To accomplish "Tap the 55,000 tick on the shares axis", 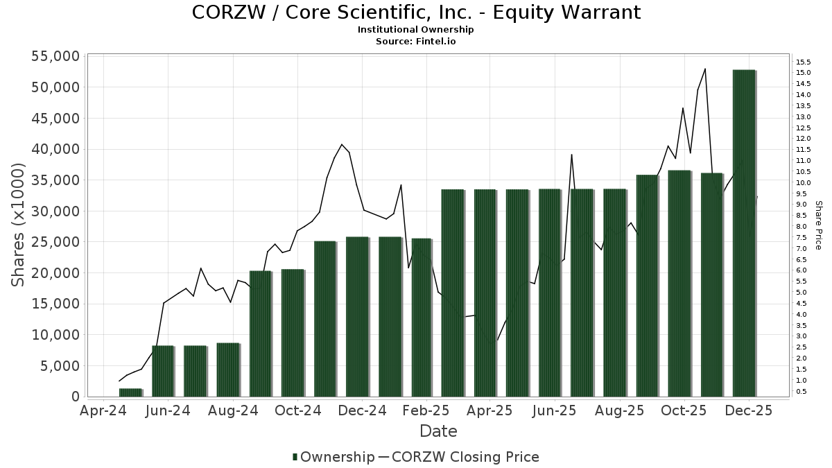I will [54, 56].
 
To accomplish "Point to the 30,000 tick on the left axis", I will [54, 211].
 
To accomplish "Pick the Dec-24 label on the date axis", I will [362, 410].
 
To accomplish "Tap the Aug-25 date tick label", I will [619, 410].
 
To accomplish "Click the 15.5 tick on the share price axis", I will [804, 62].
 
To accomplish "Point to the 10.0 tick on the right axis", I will [804, 182].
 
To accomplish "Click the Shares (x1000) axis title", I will [18, 225].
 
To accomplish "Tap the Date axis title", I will [438, 431].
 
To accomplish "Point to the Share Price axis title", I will [818, 225].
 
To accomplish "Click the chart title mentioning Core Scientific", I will [415, 12].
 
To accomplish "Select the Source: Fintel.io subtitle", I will [415, 41].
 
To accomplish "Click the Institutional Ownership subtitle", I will [415, 30].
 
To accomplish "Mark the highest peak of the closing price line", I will [705, 69].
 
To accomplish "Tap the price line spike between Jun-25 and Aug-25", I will [571, 155].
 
